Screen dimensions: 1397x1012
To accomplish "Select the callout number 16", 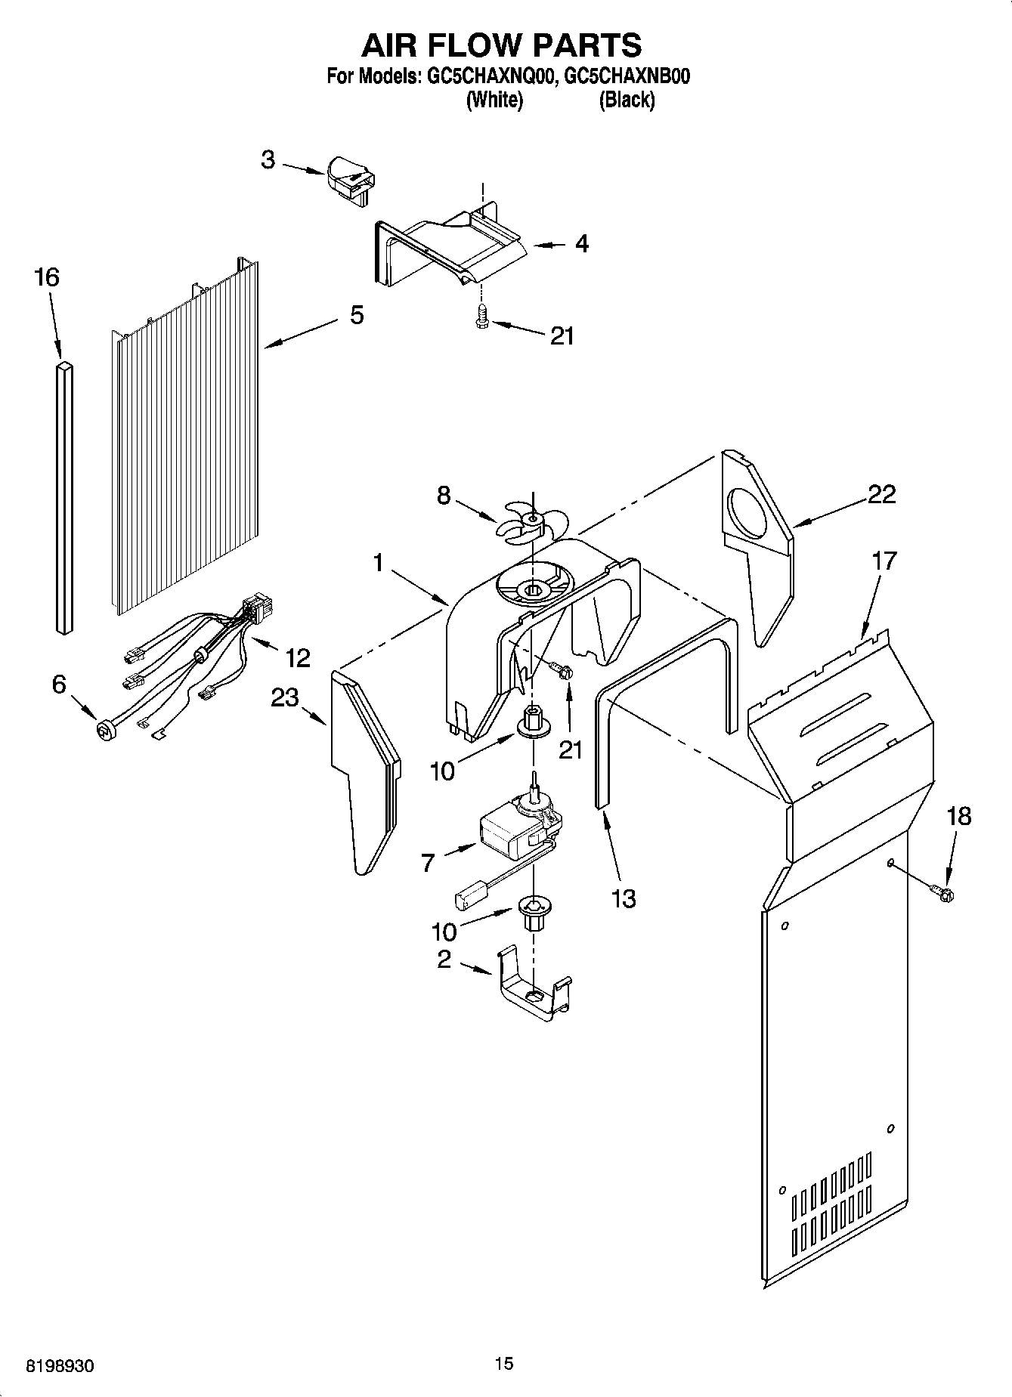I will [47, 277].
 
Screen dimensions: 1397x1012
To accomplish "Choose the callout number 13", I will [624, 898].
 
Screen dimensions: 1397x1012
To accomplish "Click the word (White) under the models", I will [494, 100].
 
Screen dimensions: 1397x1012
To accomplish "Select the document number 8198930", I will [60, 1365].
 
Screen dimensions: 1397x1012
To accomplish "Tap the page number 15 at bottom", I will [504, 1363].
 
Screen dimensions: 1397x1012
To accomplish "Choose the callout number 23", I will [285, 697].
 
